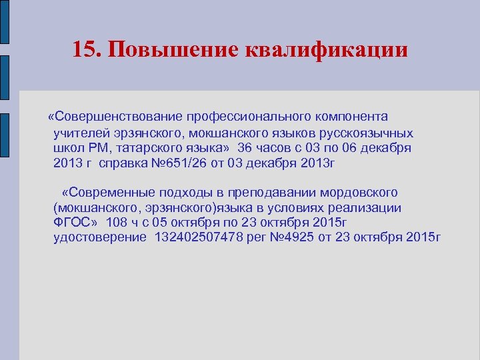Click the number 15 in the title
point(85,50)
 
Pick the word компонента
point(350,117)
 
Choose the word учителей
point(79,132)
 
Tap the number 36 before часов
point(245,147)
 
